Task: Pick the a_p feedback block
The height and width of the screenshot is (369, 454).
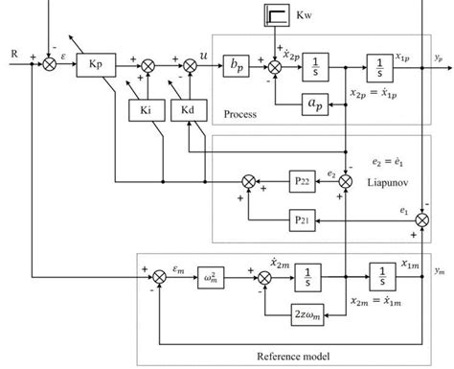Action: [313, 104]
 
